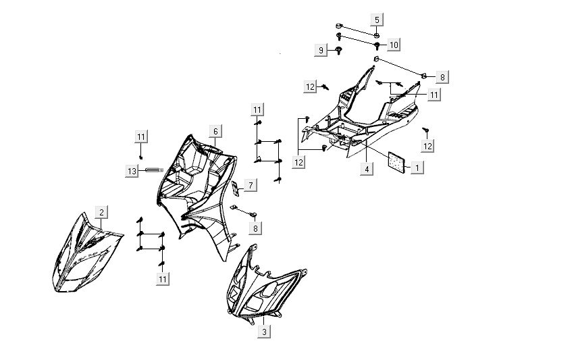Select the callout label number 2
pyautogui.click(x=101, y=212)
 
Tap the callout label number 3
pyautogui.click(x=265, y=331)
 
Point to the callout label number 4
pyautogui.click(x=365, y=169)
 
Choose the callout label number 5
pyautogui.click(x=377, y=19)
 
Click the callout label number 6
pyautogui.click(x=214, y=131)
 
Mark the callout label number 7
pyautogui.click(x=249, y=184)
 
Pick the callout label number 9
pyautogui.click(x=323, y=50)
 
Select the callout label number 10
pyautogui.click(x=394, y=45)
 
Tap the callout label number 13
pyautogui.click(x=132, y=172)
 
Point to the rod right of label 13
pyautogui.click(x=153, y=170)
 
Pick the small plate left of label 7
pyautogui.click(x=234, y=186)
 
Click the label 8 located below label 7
pyautogui.click(x=256, y=228)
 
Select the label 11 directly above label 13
pyautogui.click(x=140, y=137)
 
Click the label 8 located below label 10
pyautogui.click(x=442, y=77)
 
